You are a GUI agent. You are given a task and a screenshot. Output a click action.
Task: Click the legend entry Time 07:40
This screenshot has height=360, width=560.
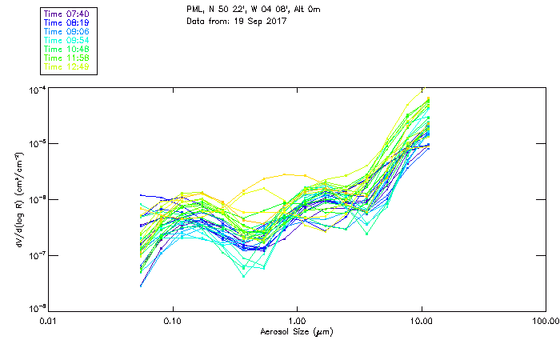click(x=66, y=14)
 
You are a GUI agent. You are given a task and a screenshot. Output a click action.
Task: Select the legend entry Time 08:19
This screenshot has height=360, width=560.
click(x=66, y=22)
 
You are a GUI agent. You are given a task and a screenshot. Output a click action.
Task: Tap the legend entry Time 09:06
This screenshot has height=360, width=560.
click(x=66, y=31)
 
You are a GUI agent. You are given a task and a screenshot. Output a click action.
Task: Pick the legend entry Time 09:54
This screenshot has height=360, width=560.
click(x=66, y=40)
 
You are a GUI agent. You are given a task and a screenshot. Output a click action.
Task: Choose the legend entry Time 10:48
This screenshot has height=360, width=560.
click(x=66, y=49)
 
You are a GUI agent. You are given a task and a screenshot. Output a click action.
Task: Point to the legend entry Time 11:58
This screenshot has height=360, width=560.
click(x=66, y=58)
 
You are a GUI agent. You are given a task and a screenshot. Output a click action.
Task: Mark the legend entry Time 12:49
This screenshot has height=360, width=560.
click(x=66, y=66)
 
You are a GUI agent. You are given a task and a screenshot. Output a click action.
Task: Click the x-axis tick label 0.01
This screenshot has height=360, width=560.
click(x=49, y=321)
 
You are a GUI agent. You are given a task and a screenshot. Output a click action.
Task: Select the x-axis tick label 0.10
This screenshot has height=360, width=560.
click(x=173, y=321)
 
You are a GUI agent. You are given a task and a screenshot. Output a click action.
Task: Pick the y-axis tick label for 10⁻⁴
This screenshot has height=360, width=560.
click(x=36, y=88)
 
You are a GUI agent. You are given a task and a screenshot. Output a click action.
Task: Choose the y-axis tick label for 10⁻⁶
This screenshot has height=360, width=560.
click(x=36, y=199)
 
